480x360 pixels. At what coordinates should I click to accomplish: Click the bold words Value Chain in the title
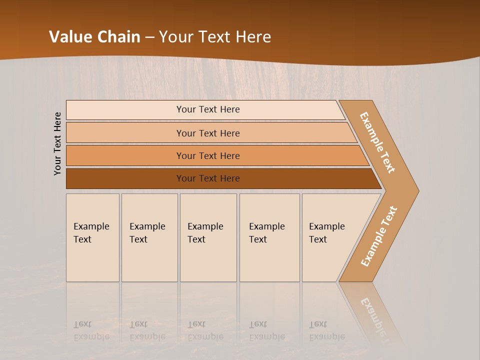[x=94, y=37]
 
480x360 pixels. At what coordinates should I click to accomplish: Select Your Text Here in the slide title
[x=215, y=37]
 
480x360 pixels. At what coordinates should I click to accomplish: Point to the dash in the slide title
[x=149, y=37]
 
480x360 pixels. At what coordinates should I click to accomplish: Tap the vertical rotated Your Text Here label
[x=57, y=143]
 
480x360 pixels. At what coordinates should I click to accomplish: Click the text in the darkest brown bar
[x=208, y=178]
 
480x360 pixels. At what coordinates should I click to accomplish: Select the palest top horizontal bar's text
[x=208, y=109]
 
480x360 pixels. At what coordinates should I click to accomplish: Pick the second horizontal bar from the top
[x=208, y=133]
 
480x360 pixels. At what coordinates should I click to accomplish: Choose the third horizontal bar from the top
[x=208, y=156]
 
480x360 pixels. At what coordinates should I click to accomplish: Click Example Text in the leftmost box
[x=91, y=233]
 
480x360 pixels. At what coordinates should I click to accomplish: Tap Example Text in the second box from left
[x=147, y=233]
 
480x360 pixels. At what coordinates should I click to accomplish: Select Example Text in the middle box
[x=205, y=233]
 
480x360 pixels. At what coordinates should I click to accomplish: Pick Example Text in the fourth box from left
[x=266, y=233]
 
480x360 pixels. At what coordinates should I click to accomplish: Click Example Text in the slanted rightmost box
[x=326, y=233]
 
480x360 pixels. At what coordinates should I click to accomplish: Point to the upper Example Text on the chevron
[x=377, y=142]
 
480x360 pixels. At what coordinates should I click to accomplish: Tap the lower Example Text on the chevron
[x=378, y=236]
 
